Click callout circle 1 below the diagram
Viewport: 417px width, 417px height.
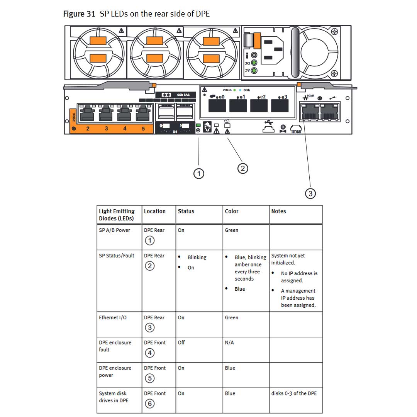pyautogui.click(x=199, y=174)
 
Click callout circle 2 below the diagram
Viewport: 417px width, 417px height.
pyautogui.click(x=242, y=168)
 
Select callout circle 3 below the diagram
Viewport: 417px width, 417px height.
pyautogui.click(x=310, y=193)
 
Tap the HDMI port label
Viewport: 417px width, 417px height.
pyautogui.click(x=296, y=132)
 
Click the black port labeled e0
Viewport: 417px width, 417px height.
pyautogui.click(x=217, y=105)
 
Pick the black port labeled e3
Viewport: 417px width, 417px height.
pyautogui.click(x=280, y=105)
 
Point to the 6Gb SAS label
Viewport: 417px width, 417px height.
pyautogui.click(x=183, y=95)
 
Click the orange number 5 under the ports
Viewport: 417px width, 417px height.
pyautogui.click(x=143, y=129)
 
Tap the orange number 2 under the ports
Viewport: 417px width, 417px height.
pyautogui.click(x=88, y=129)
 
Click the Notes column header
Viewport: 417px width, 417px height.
pyautogui.click(x=278, y=211)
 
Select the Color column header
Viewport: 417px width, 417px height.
pyautogui.click(x=232, y=211)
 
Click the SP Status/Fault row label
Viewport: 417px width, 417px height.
pyautogui.click(x=117, y=256)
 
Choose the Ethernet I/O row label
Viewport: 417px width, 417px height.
pyautogui.click(x=112, y=318)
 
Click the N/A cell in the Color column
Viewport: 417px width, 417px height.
pyautogui.click(x=229, y=342)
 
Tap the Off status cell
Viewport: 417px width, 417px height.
pyautogui.click(x=181, y=342)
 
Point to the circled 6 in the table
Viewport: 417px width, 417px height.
pyautogui.click(x=149, y=403)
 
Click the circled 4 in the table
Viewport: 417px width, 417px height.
pyautogui.click(x=149, y=353)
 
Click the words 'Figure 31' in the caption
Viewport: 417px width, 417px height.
pyautogui.click(x=79, y=14)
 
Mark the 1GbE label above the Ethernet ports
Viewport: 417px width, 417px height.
pyautogui.click(x=310, y=95)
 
